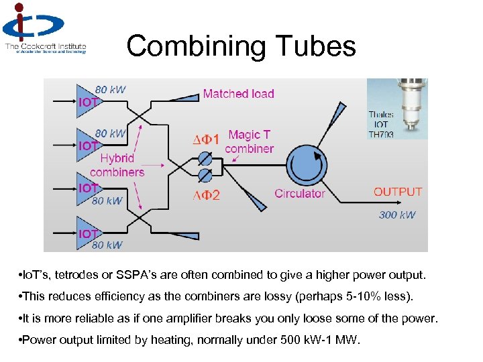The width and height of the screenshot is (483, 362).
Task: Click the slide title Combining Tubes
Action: [x=241, y=46]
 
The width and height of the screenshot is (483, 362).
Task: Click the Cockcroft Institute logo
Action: [x=44, y=28]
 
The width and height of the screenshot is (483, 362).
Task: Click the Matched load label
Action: [x=238, y=94]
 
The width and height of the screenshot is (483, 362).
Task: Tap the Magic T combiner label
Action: [x=249, y=142]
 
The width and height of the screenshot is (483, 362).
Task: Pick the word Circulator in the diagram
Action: [x=299, y=194]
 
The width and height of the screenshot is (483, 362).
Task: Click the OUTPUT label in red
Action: [x=398, y=192]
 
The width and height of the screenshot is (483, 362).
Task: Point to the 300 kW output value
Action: [x=397, y=215]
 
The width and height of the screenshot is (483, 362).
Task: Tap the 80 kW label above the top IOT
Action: [x=109, y=89]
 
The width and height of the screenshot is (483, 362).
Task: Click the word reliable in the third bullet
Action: [x=85, y=318]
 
